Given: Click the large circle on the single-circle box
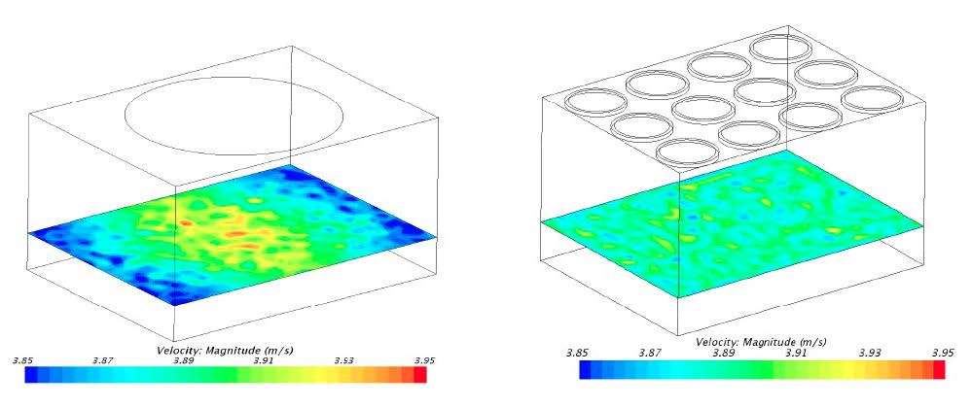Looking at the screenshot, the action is coord(234,78).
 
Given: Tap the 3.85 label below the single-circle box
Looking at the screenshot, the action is coord(24,360).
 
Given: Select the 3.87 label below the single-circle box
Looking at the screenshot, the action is coord(103,360).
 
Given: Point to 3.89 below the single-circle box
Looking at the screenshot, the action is coord(183,360).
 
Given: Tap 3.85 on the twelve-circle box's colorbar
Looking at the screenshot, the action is coord(577,354).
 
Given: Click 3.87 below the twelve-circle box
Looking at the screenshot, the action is coord(650,354).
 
